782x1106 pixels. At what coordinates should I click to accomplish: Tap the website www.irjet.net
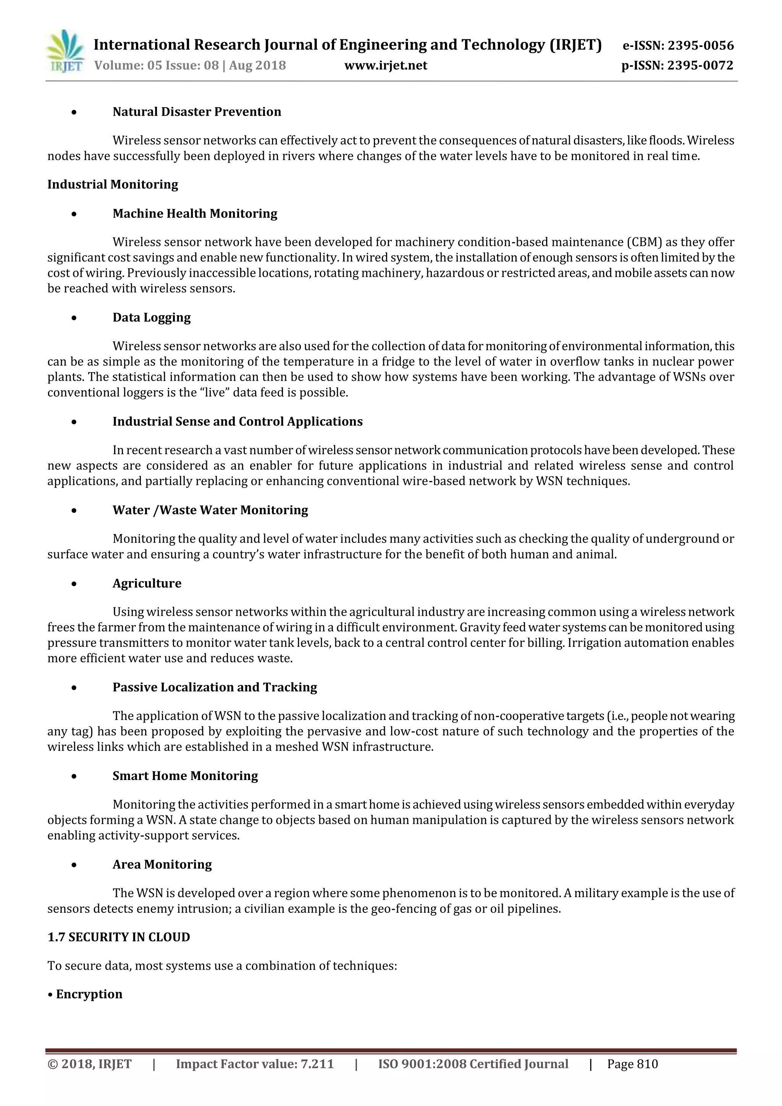coord(385,66)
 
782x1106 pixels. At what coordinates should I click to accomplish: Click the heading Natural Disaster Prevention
coord(197,112)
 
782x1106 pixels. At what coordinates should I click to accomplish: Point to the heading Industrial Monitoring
coord(113,184)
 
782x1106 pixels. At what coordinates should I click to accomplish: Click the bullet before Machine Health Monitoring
coord(74,214)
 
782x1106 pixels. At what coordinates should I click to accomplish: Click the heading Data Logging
coord(151,317)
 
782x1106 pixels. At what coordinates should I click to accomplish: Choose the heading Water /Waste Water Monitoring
coord(210,510)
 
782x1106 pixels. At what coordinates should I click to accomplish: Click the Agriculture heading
coord(147,583)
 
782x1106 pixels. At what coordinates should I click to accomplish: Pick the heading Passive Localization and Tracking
coord(215,688)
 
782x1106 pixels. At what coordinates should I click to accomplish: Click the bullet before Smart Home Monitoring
coord(74,777)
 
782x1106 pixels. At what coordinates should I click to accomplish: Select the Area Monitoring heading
coord(162,865)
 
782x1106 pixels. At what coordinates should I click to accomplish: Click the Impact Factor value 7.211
coord(317,1064)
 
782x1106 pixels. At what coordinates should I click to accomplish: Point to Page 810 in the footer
coord(632,1064)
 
